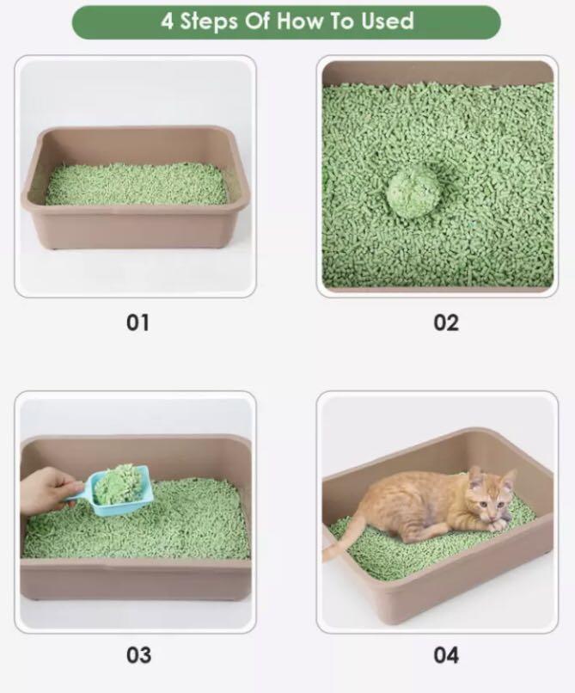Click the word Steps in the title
(211, 21)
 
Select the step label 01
(138, 322)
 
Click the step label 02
(446, 322)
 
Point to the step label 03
(138, 655)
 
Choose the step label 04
(446, 655)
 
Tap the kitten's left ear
(509, 478)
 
